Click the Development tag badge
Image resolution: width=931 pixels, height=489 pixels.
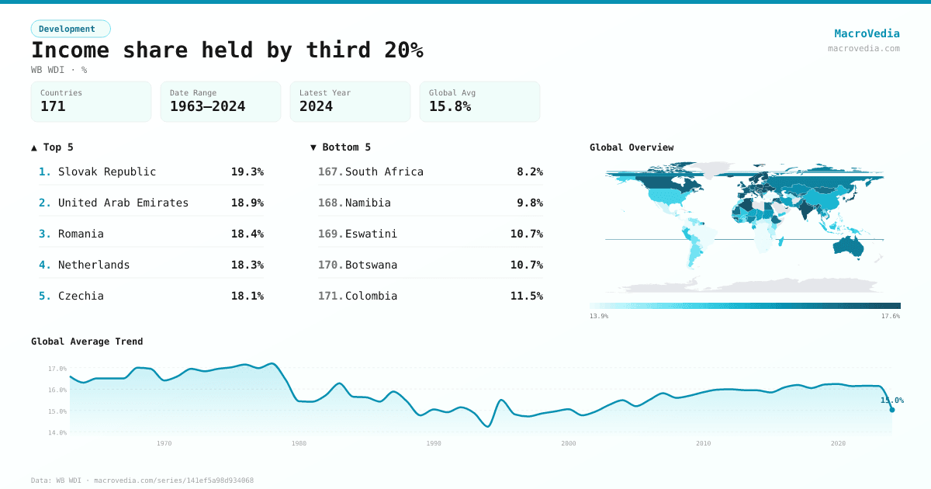click(x=71, y=29)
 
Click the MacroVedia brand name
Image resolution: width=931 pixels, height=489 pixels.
click(x=867, y=33)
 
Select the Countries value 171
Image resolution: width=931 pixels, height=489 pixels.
click(x=53, y=106)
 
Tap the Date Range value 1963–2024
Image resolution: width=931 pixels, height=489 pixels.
click(x=207, y=106)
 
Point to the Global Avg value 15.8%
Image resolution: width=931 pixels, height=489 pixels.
click(x=450, y=106)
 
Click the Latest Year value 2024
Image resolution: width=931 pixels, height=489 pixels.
click(x=316, y=106)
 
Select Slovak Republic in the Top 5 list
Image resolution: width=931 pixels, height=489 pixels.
click(x=107, y=172)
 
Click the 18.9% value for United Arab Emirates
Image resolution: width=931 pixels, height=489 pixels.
click(x=247, y=203)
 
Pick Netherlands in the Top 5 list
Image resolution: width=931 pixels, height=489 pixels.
click(x=94, y=265)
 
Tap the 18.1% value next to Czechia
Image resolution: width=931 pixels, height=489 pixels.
click(x=247, y=296)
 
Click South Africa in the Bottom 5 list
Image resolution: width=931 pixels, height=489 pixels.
click(x=384, y=172)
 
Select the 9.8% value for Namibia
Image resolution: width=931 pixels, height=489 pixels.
click(x=529, y=203)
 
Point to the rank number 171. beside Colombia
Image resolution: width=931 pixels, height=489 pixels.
click(x=331, y=296)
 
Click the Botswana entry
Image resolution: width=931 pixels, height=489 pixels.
click(x=371, y=265)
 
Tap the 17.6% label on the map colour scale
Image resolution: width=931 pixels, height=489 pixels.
click(x=890, y=316)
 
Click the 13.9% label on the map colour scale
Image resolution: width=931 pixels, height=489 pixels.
click(x=599, y=316)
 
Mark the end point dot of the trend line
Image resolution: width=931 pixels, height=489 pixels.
click(x=891, y=410)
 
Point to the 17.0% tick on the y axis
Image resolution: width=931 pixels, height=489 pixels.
click(x=57, y=369)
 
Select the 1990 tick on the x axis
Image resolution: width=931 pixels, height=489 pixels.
click(x=434, y=443)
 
